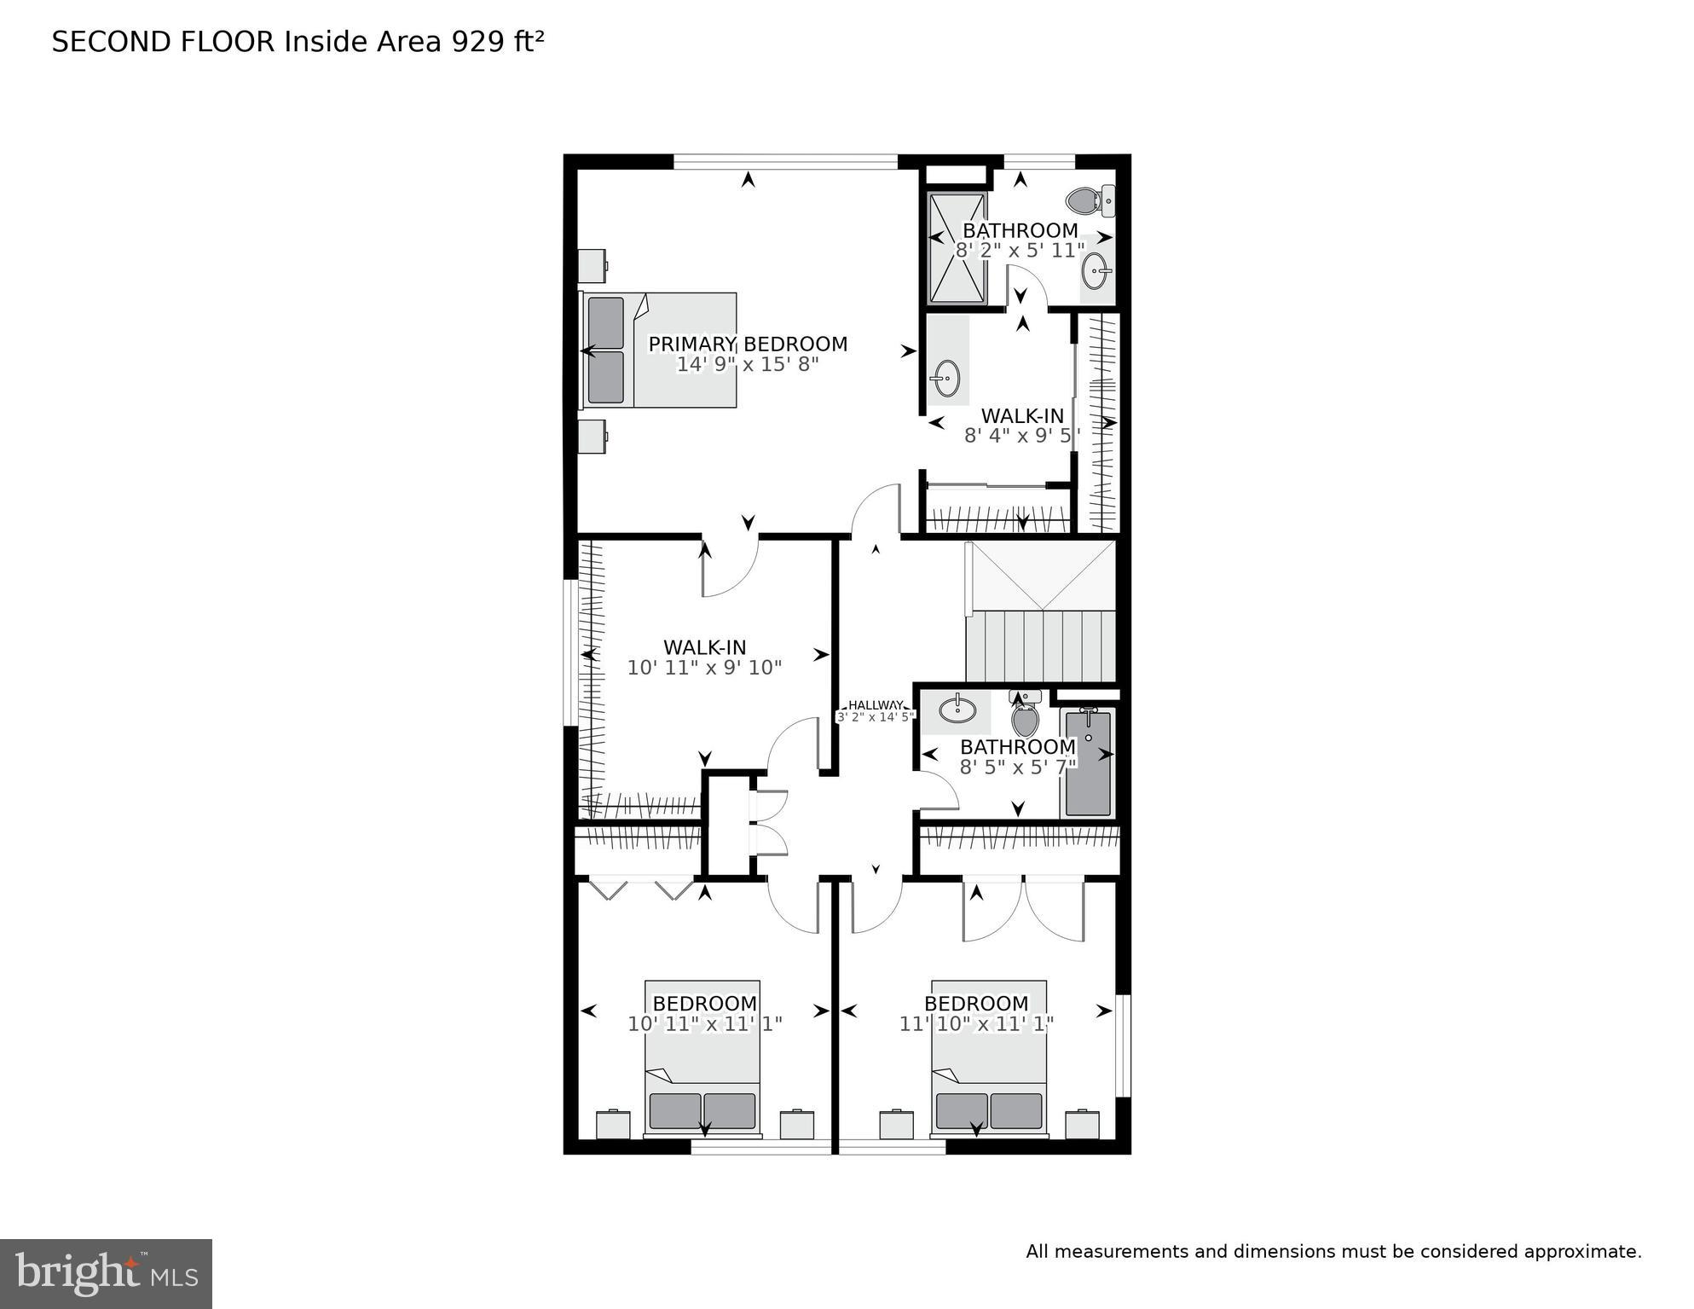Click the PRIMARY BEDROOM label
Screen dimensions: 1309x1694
[748, 344]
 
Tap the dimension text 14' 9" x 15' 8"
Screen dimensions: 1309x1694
[748, 365]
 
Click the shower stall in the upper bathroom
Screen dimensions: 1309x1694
[957, 248]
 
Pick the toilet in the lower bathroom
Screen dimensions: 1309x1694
[1025, 716]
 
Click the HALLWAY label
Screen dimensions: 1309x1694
[876, 705]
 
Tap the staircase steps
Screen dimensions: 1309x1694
[1040, 646]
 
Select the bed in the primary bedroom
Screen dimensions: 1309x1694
[659, 350]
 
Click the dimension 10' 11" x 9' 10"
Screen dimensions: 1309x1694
[704, 668]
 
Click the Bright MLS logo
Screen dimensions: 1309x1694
[106, 1273]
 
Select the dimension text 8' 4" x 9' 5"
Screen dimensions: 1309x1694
[1021, 436]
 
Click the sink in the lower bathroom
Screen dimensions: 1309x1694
[957, 707]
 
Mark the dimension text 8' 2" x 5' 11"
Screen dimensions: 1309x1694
[1020, 251]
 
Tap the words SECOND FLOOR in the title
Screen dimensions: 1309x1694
[162, 42]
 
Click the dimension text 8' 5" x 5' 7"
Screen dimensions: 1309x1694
[1018, 767]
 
